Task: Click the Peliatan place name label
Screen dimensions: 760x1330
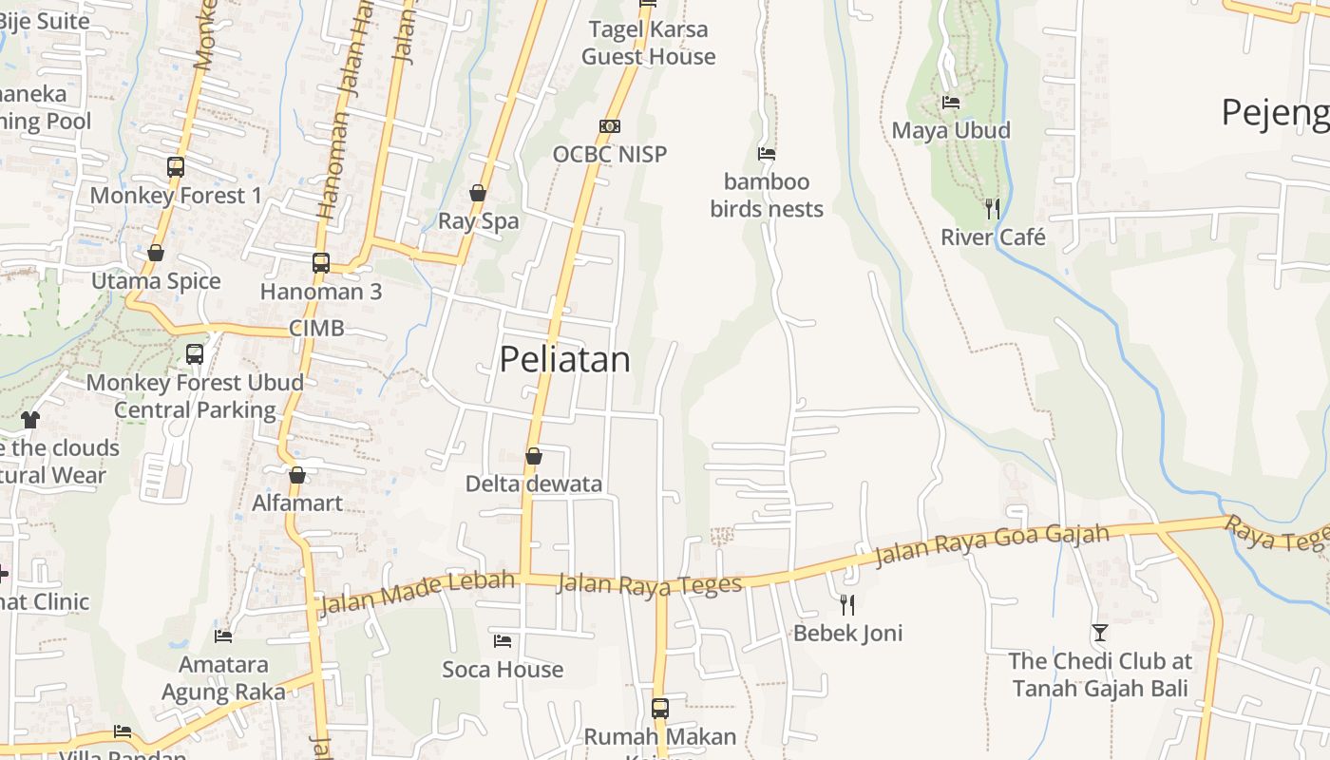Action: (x=564, y=359)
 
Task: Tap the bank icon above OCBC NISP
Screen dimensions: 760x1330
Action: (x=610, y=126)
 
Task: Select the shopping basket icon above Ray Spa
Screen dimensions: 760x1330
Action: (x=478, y=194)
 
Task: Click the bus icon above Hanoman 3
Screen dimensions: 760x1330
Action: (x=321, y=263)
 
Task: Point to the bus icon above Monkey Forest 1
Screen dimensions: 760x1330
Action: (x=176, y=167)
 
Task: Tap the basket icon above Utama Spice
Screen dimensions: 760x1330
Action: (x=156, y=253)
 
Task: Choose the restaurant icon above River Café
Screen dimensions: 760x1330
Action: (x=992, y=209)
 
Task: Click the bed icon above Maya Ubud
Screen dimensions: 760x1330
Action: (x=950, y=103)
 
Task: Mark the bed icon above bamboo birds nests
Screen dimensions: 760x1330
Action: (x=767, y=154)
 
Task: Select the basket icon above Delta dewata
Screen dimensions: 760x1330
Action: (x=534, y=456)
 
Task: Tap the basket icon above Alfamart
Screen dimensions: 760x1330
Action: (x=297, y=475)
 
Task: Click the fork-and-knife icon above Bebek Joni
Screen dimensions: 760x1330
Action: (x=847, y=604)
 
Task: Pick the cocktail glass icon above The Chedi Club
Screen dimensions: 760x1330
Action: (x=1100, y=633)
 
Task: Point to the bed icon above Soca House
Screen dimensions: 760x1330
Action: (x=503, y=641)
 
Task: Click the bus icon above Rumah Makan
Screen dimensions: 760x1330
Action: (x=660, y=709)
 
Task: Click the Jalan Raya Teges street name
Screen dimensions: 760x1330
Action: (x=649, y=584)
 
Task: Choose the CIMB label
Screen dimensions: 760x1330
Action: (x=316, y=329)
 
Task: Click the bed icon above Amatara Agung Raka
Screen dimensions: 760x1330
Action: (x=223, y=636)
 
